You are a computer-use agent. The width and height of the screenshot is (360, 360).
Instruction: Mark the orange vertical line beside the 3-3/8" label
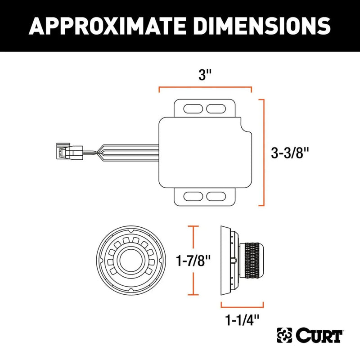[x=263, y=153]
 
